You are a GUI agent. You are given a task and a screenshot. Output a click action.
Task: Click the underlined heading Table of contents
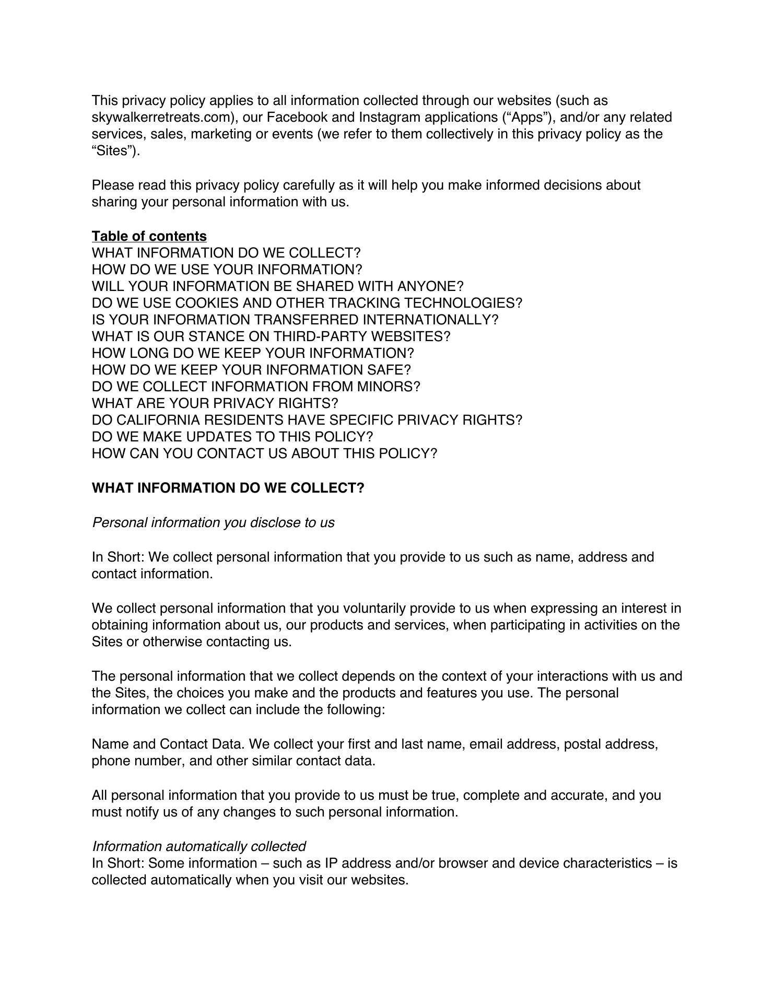pyautogui.click(x=149, y=236)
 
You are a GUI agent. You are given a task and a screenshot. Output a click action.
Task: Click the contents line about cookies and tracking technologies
pyautogui.click(x=307, y=303)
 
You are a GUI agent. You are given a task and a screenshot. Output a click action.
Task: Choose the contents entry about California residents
pyautogui.click(x=307, y=420)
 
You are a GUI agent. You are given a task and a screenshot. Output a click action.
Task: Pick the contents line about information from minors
pyautogui.click(x=256, y=387)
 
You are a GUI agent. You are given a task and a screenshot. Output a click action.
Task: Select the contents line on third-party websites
pyautogui.click(x=271, y=336)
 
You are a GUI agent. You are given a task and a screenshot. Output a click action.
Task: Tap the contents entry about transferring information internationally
pyautogui.click(x=295, y=320)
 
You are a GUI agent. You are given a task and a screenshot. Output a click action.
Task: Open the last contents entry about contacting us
pyautogui.click(x=264, y=453)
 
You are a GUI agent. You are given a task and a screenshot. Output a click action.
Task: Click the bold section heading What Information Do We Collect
pyautogui.click(x=228, y=488)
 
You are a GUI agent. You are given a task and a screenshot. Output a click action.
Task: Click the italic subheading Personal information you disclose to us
pyautogui.click(x=213, y=522)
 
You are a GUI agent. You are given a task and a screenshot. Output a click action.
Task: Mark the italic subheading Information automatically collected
pyautogui.click(x=199, y=846)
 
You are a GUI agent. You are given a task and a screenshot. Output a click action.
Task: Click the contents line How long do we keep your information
pyautogui.click(x=253, y=353)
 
